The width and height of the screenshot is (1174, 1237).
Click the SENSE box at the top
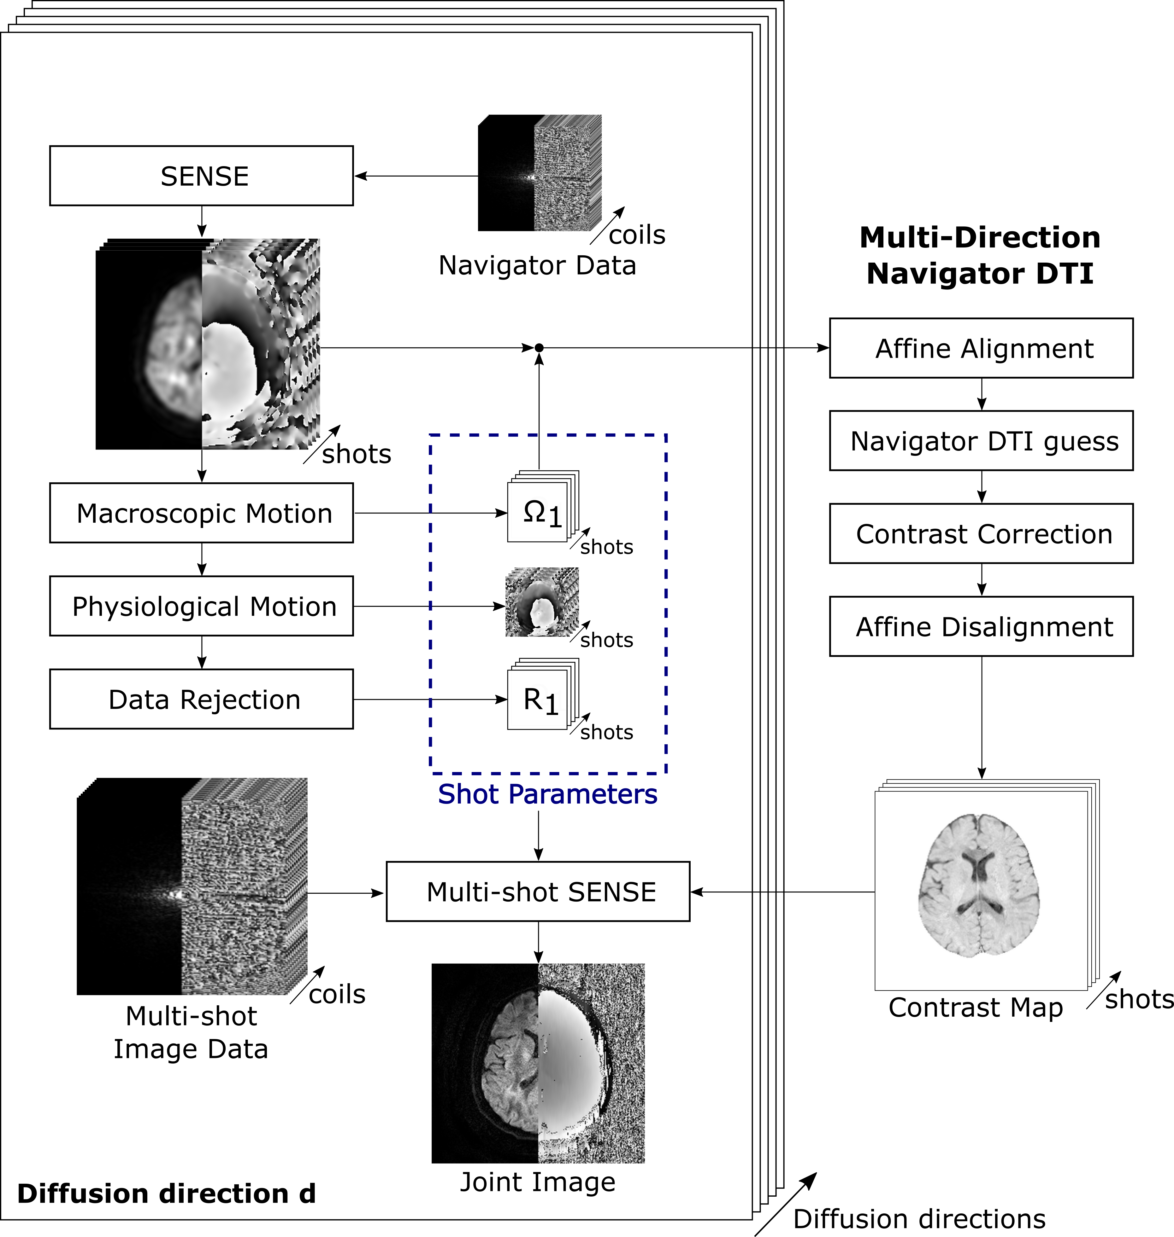[202, 176]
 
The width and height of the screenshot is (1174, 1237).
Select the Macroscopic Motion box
[202, 513]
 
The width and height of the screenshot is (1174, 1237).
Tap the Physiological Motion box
[202, 606]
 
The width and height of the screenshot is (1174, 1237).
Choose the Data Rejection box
[202, 699]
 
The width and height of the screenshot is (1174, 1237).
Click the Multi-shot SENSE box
[538, 892]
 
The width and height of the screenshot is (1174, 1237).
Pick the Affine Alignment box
[981, 348]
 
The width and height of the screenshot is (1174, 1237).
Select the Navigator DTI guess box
[981, 441]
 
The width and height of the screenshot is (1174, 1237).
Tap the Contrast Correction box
[981, 533]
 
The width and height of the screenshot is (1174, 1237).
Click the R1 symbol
[541, 700]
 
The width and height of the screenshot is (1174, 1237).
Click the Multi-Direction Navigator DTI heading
[980, 255]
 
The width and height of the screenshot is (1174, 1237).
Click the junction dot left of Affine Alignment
[539, 348]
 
